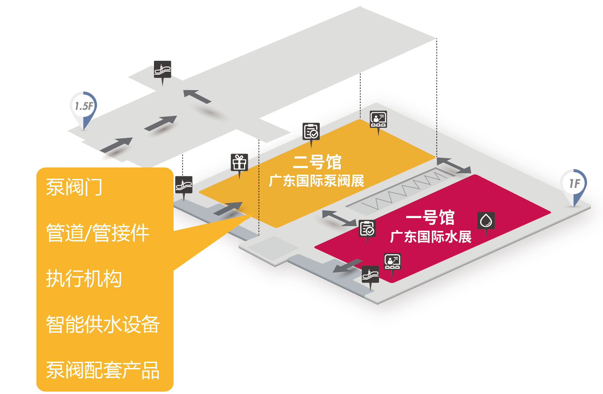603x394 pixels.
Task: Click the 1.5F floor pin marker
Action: click(x=83, y=107)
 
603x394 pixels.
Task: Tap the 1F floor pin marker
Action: click(x=574, y=184)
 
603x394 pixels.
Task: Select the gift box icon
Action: click(x=239, y=162)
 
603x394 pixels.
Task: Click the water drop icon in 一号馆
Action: click(x=486, y=221)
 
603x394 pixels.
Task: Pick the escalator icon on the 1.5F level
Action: click(x=162, y=69)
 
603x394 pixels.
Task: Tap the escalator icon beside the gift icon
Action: click(x=184, y=185)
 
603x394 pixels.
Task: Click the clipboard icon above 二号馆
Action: click(x=311, y=132)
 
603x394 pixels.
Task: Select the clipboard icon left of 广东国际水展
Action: click(x=367, y=229)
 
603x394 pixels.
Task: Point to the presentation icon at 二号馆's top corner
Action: click(x=378, y=119)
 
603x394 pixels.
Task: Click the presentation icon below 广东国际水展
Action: click(x=392, y=261)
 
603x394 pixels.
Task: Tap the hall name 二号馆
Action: click(x=317, y=162)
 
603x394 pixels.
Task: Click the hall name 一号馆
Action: click(x=430, y=218)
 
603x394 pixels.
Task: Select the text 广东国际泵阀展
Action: click(x=316, y=181)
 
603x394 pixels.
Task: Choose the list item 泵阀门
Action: click(x=74, y=187)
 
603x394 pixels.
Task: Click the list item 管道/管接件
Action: click(x=97, y=233)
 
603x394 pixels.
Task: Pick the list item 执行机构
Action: click(x=84, y=279)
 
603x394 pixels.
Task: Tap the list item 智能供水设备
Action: click(x=103, y=324)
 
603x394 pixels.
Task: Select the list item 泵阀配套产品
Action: click(x=103, y=370)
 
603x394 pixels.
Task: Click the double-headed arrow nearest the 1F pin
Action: click(x=454, y=165)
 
